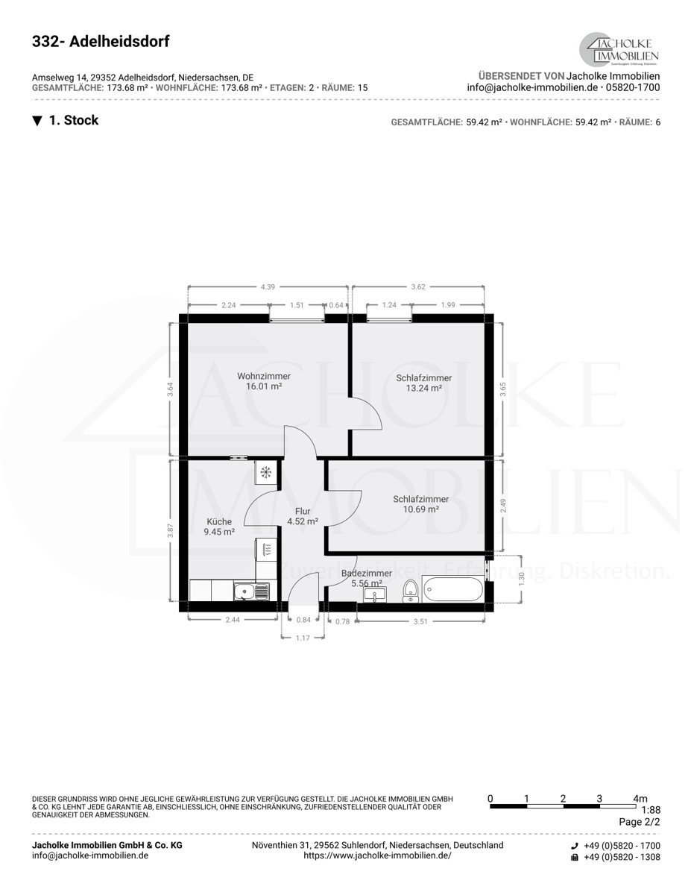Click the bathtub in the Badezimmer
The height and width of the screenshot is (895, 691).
click(452, 589)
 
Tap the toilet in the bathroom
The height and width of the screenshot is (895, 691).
click(410, 591)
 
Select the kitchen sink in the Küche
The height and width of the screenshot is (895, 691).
click(252, 591)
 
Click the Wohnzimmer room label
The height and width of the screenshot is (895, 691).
click(264, 376)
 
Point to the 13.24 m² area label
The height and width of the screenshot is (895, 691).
click(424, 388)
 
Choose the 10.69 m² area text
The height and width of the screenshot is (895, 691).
click(420, 509)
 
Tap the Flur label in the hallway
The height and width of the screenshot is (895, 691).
click(303, 511)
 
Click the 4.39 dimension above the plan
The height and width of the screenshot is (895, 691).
click(268, 286)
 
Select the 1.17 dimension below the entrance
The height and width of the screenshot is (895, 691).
click(303, 638)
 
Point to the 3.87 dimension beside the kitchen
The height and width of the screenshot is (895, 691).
click(170, 530)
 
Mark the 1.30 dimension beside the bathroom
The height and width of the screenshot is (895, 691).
click(522, 579)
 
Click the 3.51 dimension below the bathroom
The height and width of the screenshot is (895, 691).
click(420, 621)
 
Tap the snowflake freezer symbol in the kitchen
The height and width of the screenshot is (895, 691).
click(266, 472)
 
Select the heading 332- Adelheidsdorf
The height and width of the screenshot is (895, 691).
click(101, 42)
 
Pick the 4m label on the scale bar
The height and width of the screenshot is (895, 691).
click(640, 799)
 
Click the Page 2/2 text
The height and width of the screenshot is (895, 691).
click(639, 822)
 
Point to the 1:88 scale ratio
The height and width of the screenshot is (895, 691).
click(651, 811)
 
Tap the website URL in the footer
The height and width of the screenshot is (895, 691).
click(377, 855)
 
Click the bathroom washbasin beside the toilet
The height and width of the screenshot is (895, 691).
click(375, 594)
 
